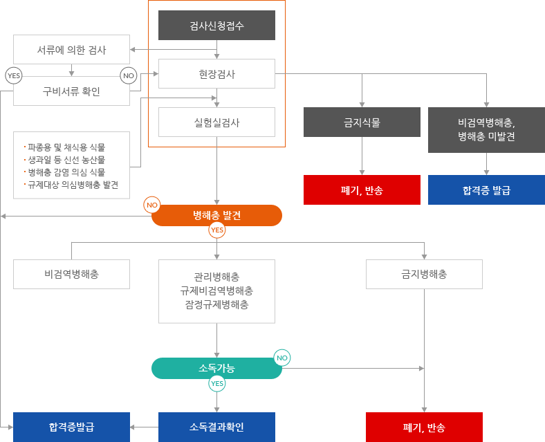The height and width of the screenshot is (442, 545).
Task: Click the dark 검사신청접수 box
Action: click(216, 26)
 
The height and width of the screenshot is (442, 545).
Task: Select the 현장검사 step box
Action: click(216, 74)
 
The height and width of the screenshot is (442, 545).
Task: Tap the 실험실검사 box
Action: click(216, 122)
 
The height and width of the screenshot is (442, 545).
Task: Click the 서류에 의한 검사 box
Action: click(71, 50)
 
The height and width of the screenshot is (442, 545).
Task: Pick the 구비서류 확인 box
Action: click(71, 91)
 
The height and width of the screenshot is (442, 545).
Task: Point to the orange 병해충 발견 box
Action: click(216, 215)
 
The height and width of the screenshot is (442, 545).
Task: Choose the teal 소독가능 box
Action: click(216, 368)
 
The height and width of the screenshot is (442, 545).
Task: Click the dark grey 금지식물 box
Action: click(362, 122)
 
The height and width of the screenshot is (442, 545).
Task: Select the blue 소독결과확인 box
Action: click(216, 426)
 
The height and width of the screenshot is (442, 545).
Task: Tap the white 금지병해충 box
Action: click(424, 274)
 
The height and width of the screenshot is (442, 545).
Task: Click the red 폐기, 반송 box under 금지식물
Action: click(362, 190)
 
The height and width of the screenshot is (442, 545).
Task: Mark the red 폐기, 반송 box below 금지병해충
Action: click(424, 426)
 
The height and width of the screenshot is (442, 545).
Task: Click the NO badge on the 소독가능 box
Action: click(281, 358)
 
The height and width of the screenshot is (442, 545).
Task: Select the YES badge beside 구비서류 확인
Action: click(13, 75)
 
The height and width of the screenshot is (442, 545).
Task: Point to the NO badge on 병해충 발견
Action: click(152, 205)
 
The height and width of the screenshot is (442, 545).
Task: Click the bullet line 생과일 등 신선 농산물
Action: click(66, 160)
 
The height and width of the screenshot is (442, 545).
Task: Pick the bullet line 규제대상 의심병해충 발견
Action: click(72, 185)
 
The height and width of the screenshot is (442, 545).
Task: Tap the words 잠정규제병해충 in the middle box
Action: click(216, 304)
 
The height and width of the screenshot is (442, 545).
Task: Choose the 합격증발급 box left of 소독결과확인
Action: click(71, 426)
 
